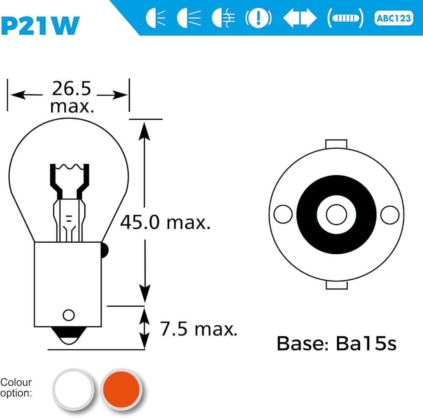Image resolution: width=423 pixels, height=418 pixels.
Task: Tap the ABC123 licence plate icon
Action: point(393,19)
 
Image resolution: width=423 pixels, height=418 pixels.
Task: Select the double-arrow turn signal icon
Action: point(299,18)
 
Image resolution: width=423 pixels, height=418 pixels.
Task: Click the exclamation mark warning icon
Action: point(258,18)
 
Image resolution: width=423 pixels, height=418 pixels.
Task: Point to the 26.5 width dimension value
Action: point(71,88)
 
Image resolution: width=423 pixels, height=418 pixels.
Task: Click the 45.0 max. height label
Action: point(165,222)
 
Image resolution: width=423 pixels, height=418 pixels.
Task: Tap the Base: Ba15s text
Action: point(337,343)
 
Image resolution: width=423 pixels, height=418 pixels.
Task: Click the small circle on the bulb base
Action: point(69,315)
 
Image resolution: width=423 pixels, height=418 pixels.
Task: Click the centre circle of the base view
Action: point(336,214)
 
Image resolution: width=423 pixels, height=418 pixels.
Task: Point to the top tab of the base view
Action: point(336,144)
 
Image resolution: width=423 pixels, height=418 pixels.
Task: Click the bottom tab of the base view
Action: point(336,286)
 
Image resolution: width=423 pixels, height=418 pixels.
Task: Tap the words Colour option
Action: point(16,388)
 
